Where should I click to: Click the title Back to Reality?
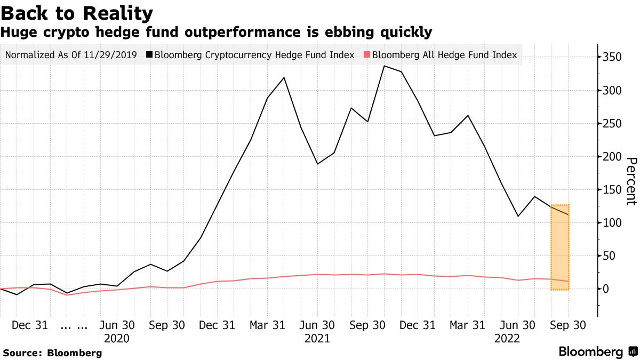click(77, 13)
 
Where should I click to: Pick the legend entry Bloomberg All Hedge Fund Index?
click(444, 55)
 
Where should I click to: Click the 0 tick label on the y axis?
click(606, 289)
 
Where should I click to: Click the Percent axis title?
click(631, 181)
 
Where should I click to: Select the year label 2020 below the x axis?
click(116, 338)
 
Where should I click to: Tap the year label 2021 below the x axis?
click(317, 338)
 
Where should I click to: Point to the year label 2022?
click(508, 338)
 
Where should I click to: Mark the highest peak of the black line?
click(385, 66)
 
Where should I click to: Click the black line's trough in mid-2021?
click(318, 164)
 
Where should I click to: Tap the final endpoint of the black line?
click(569, 215)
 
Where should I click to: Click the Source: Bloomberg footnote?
click(52, 353)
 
